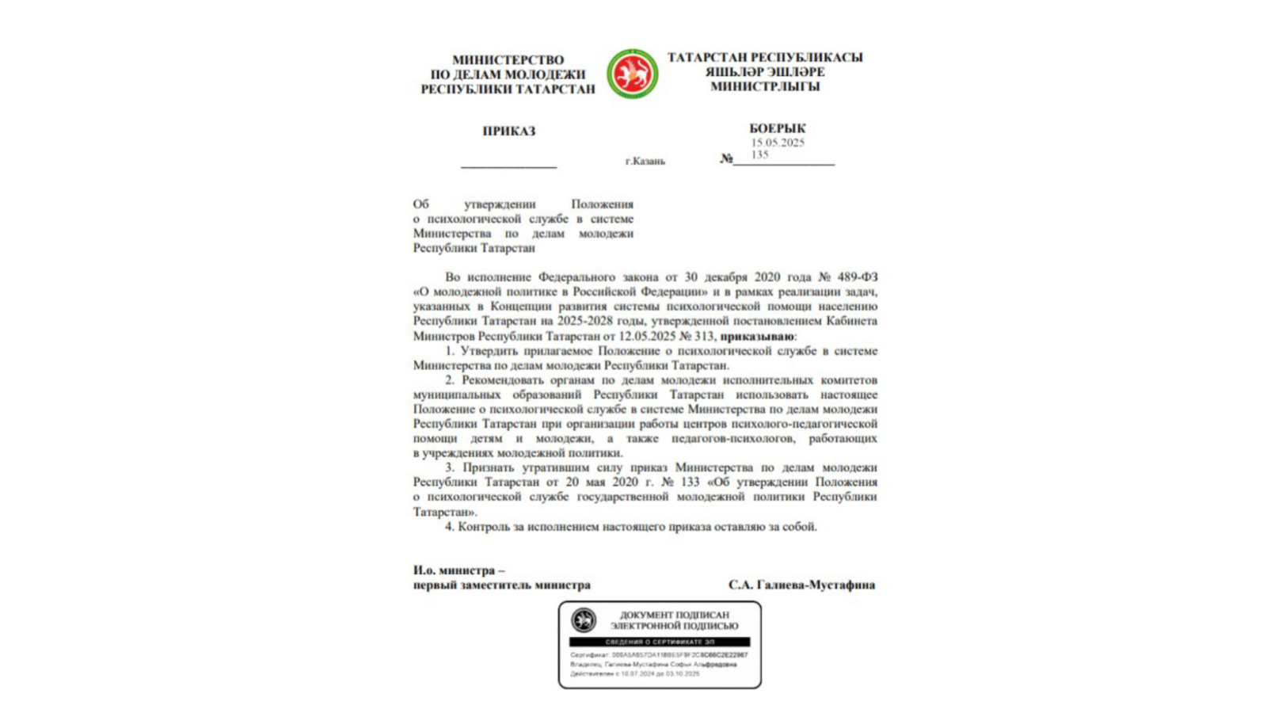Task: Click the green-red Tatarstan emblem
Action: coord(632,74)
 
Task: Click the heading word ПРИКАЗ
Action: coord(509,132)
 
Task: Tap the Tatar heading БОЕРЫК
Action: coord(777,128)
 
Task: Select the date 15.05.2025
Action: coord(778,143)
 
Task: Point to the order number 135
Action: coord(759,154)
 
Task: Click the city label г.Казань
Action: coord(645,161)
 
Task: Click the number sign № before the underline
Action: coord(726,158)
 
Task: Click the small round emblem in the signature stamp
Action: coord(584,620)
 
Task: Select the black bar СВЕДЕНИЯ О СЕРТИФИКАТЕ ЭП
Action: coord(660,642)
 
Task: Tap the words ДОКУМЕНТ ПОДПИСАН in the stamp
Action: coord(674,615)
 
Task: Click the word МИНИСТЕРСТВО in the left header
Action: coord(508,60)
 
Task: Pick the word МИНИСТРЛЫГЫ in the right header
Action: coord(765,86)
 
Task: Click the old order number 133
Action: coord(690,482)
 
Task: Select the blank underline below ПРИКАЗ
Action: coord(508,166)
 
